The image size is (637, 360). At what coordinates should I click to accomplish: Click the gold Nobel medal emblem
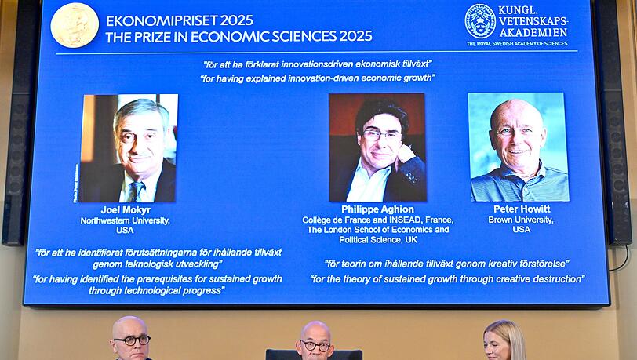(75, 24)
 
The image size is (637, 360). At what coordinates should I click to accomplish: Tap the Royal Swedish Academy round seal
(480, 21)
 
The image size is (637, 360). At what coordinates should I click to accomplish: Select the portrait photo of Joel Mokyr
(129, 148)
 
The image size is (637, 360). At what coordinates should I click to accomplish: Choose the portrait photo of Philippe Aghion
(377, 147)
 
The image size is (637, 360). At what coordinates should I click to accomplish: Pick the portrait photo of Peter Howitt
(519, 147)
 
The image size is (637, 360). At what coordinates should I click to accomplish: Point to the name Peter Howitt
(521, 209)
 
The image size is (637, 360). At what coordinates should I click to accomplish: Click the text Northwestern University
(125, 221)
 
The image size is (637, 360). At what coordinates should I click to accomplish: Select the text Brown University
(521, 220)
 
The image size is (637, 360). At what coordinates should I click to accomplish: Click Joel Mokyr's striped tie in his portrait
(136, 191)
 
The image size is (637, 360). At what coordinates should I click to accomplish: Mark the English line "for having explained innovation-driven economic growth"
(318, 78)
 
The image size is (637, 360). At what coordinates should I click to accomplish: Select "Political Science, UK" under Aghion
(376, 240)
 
